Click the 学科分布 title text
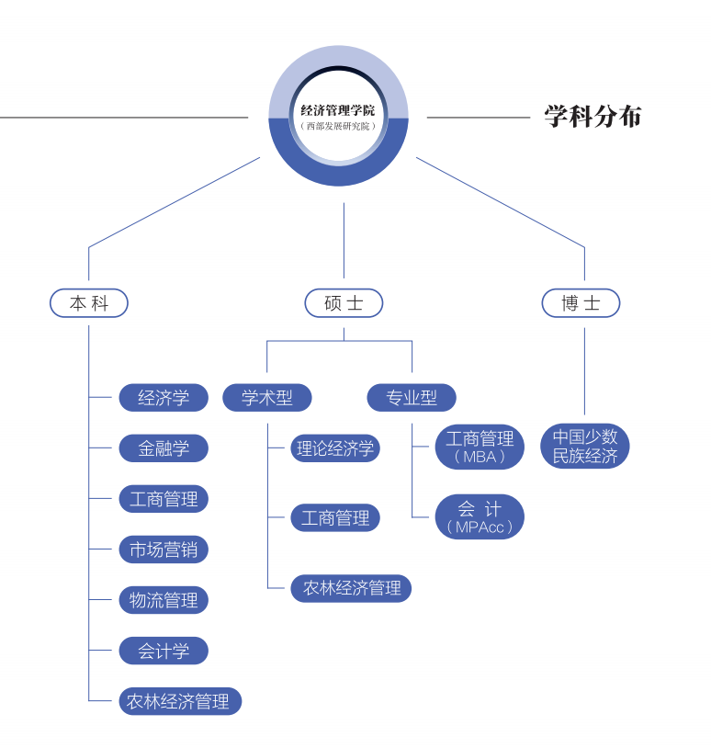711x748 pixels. [x=592, y=117]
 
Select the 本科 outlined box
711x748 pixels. [x=89, y=303]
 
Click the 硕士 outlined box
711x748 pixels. [x=344, y=303]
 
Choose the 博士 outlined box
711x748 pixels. [x=581, y=303]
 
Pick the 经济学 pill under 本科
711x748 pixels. [x=164, y=398]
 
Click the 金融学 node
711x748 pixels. [x=164, y=448]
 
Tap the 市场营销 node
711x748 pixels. [x=164, y=550]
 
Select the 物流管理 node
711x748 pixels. [x=164, y=600]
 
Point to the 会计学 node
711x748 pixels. [x=164, y=651]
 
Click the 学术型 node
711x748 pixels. [x=267, y=398]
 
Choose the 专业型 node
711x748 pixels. [x=412, y=398]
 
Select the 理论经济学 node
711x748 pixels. [x=335, y=448]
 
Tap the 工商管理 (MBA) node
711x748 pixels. [x=480, y=447]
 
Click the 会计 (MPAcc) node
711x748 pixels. [x=480, y=516]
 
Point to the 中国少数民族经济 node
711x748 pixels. [x=585, y=446]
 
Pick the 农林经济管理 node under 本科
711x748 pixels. [x=179, y=701]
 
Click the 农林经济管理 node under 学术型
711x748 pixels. [x=351, y=588]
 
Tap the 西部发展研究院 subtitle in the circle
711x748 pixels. [x=338, y=126]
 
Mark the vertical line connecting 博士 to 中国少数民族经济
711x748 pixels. [x=584, y=372]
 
